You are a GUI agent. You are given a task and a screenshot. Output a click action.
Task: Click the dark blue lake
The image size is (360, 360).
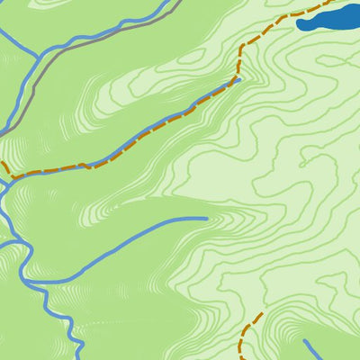coord(328,19)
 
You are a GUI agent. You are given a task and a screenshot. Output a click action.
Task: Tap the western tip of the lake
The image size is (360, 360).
coord(298,24)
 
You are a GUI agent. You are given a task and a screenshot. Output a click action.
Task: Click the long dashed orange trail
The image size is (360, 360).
coord(135,148)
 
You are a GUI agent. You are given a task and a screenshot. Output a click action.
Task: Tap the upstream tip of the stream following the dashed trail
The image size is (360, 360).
coord(238,78)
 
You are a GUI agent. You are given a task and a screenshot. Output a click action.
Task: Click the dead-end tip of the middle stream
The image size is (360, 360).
coord(206,218)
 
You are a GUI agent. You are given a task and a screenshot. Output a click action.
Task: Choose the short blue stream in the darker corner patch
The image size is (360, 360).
coord(324,351)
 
